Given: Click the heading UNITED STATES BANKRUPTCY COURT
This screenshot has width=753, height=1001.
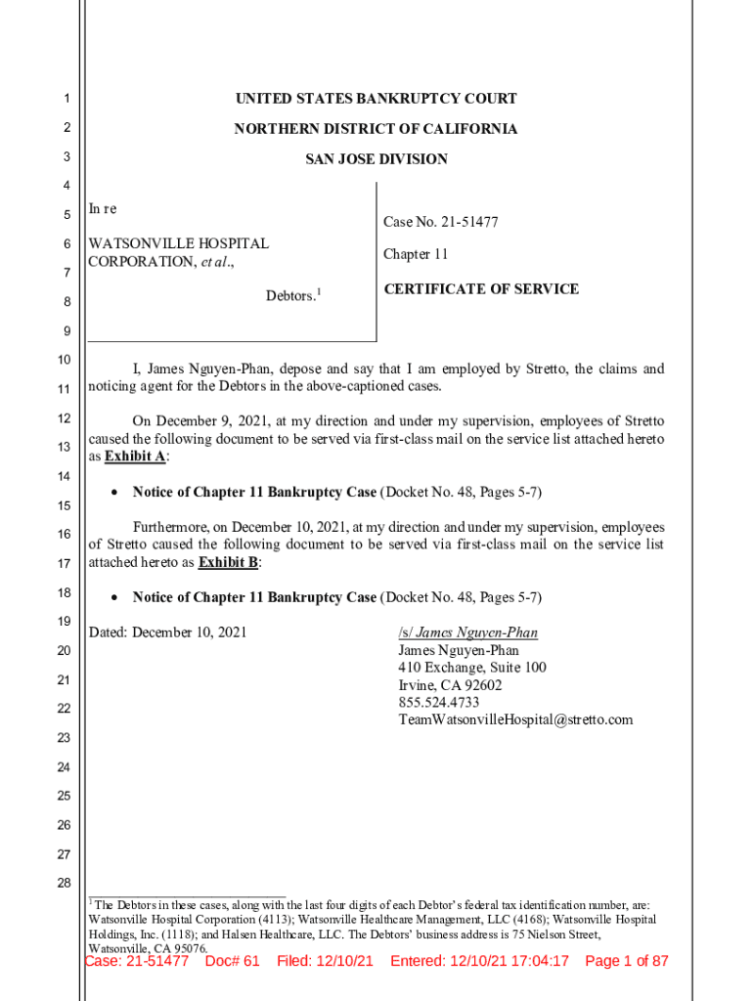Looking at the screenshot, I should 376,99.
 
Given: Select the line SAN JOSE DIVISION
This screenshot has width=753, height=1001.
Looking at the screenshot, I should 376,159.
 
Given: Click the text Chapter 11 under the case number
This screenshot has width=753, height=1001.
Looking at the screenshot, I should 415,254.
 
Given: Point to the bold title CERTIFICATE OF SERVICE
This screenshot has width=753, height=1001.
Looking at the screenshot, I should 480,289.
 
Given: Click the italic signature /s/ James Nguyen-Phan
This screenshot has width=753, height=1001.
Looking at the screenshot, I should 467,632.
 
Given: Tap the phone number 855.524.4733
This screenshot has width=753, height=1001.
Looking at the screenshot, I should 438,703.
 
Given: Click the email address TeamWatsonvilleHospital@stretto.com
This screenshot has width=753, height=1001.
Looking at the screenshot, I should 514,720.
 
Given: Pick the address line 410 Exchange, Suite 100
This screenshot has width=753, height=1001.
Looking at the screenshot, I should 471,668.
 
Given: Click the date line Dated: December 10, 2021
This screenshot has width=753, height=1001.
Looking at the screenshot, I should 167,632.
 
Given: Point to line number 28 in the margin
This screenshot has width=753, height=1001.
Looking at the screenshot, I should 64,884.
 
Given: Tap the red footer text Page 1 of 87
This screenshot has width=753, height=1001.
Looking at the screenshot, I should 626,961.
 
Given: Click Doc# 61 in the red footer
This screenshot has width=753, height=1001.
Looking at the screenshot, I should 232,961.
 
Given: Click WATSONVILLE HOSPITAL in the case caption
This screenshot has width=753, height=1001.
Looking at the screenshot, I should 178,243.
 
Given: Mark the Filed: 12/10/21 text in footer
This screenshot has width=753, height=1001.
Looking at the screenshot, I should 325,961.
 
